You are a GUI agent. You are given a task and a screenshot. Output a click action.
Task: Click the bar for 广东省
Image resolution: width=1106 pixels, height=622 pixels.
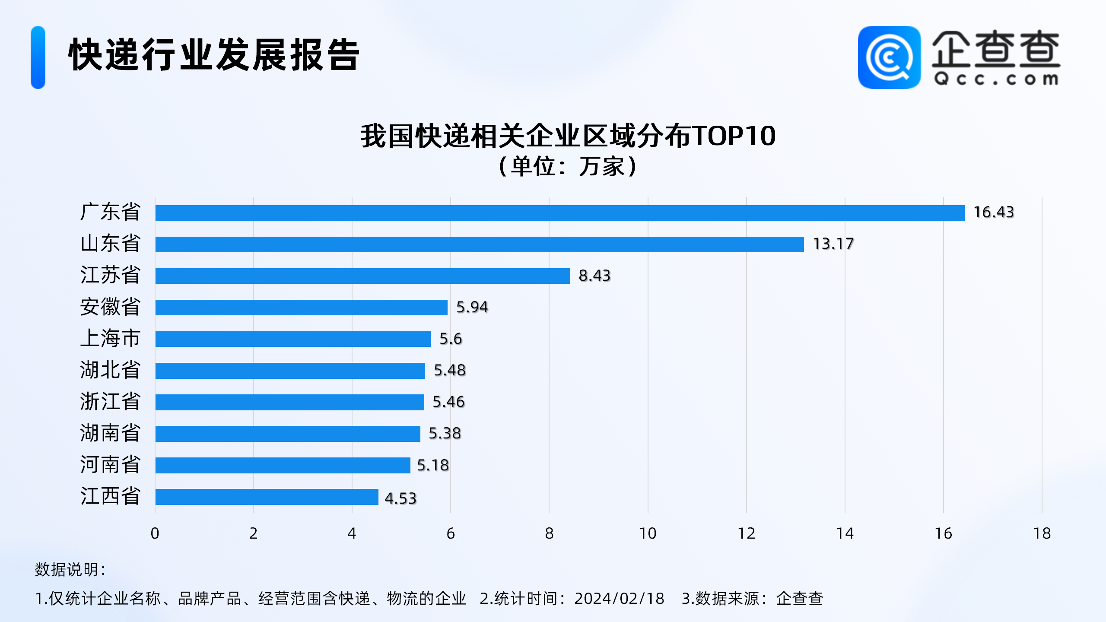(559, 213)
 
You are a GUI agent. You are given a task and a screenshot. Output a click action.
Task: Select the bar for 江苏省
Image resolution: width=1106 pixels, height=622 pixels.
(362, 276)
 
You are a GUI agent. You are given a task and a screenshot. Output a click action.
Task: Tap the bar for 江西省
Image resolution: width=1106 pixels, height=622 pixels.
(267, 497)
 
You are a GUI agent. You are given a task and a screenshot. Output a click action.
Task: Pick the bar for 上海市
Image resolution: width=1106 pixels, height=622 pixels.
(293, 339)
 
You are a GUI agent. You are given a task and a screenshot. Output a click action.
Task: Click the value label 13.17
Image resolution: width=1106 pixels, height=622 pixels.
(833, 244)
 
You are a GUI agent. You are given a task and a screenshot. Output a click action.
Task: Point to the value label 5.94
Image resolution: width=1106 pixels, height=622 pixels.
(472, 307)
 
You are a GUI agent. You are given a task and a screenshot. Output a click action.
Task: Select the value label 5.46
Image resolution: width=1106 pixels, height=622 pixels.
(448, 402)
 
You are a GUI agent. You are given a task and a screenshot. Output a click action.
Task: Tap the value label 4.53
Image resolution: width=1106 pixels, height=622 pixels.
(400, 498)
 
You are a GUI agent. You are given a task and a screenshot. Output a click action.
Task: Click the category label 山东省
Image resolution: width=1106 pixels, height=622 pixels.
(111, 244)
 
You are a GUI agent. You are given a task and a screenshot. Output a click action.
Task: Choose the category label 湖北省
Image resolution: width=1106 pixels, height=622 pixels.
(111, 370)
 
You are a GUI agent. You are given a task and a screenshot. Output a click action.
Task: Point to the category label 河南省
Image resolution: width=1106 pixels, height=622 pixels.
(111, 465)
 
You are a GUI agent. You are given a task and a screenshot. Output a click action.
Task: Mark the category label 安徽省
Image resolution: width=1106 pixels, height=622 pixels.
(111, 307)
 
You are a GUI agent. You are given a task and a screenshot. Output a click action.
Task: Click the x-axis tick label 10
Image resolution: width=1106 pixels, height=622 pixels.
(648, 534)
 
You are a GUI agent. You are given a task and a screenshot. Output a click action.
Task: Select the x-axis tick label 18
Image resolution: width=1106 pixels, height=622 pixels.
(1042, 534)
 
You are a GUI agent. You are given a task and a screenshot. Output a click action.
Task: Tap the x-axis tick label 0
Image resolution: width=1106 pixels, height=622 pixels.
(155, 534)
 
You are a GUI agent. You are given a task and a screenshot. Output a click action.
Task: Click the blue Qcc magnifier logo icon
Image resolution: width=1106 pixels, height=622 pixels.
(889, 57)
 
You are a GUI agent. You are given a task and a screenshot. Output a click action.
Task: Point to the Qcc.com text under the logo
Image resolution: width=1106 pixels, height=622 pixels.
(996, 79)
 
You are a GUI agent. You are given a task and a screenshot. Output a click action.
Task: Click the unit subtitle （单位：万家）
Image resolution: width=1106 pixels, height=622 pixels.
(568, 166)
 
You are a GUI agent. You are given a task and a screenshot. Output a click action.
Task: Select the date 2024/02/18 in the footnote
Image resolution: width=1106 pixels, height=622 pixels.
(619, 599)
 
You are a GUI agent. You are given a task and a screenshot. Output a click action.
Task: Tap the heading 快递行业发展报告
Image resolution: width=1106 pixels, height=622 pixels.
(213, 55)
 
